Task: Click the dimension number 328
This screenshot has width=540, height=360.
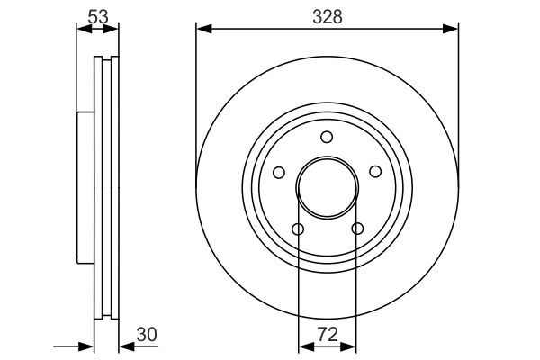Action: click(x=328, y=16)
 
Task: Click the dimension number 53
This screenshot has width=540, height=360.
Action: click(x=98, y=16)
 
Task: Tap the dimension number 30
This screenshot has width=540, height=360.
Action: click(x=147, y=334)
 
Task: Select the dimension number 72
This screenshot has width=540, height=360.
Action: click(x=328, y=334)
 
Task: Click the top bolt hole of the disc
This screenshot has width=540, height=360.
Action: click(x=327, y=137)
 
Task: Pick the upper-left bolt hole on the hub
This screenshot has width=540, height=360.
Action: click(x=279, y=172)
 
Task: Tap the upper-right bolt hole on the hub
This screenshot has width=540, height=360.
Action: click(x=375, y=172)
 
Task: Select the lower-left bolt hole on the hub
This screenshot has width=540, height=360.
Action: click(x=298, y=229)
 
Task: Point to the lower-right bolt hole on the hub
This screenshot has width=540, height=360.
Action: click(x=357, y=228)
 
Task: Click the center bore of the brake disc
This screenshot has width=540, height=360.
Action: click(x=328, y=187)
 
